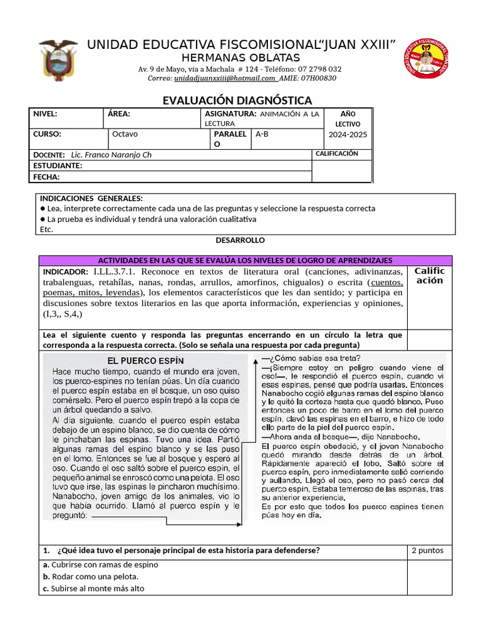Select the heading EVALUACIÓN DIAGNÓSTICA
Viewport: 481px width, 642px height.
pyautogui.click(x=237, y=101)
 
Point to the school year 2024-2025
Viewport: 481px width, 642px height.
pyautogui.click(x=348, y=135)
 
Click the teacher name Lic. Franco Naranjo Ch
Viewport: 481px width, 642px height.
pyautogui.click(x=111, y=155)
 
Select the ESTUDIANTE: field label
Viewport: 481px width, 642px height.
pyautogui.click(x=58, y=166)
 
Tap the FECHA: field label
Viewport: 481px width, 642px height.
pyautogui.click(x=46, y=177)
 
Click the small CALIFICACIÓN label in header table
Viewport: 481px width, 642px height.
pyautogui.click(x=336, y=154)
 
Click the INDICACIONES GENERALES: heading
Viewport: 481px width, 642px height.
pyautogui.click(x=91, y=198)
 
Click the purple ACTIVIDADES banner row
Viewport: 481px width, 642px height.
pyautogui.click(x=245, y=260)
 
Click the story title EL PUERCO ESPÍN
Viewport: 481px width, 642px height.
pyautogui.click(x=146, y=360)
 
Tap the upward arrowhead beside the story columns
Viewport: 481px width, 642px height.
pyautogui.click(x=254, y=360)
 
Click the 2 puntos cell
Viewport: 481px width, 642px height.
pyautogui.click(x=427, y=550)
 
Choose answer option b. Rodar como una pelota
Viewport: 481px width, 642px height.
pyautogui.click(x=91, y=576)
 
